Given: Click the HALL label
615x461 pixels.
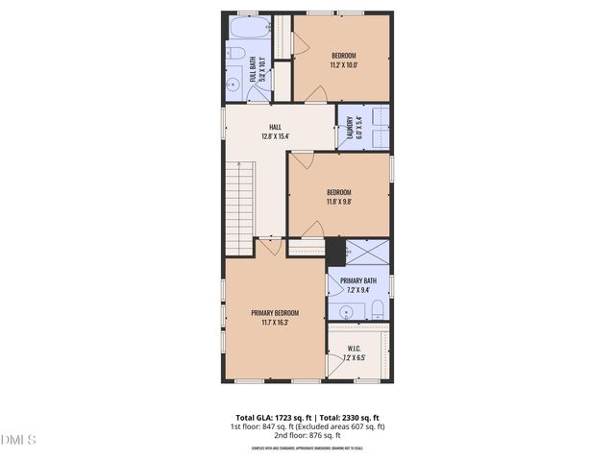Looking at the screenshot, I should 275,126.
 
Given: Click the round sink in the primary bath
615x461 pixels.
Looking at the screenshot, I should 345,311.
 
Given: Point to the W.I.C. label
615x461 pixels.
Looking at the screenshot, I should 355,350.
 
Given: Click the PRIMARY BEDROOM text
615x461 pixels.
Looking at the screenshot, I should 275,313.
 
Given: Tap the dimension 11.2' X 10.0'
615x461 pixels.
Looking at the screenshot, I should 343,65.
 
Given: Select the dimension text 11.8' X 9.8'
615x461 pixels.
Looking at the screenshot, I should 338,202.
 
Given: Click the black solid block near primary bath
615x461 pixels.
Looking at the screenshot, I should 335,252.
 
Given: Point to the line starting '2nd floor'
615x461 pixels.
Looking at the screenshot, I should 307,435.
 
